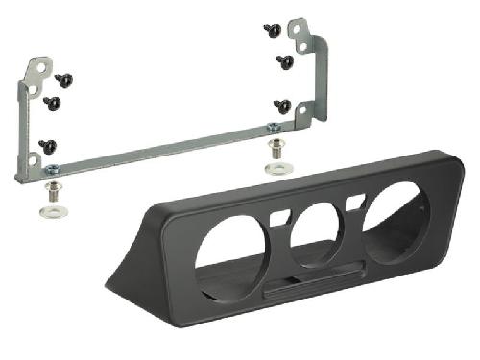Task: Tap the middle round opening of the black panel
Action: (x=317, y=233)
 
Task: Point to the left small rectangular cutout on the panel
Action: (x=279, y=219)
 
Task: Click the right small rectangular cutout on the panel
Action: (x=355, y=202)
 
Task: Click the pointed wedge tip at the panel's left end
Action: (x=108, y=284)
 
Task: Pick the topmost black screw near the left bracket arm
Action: (x=65, y=79)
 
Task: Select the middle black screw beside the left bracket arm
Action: (x=52, y=101)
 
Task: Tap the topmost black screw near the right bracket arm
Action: (x=272, y=31)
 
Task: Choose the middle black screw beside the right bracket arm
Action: (x=285, y=62)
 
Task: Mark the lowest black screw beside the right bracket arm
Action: (x=282, y=105)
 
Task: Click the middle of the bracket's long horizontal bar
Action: (x=163, y=152)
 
